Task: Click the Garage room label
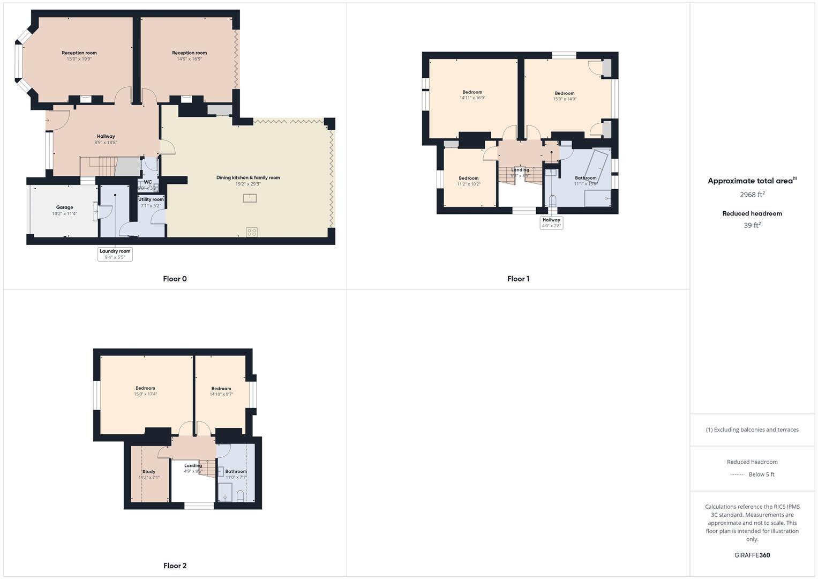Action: point(64,207)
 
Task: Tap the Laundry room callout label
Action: point(115,254)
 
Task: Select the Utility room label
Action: point(151,199)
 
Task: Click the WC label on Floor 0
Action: point(148,182)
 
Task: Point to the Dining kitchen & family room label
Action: point(248,177)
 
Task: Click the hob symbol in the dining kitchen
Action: point(251,232)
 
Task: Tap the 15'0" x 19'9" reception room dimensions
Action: point(79,59)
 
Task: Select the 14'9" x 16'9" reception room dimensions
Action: point(190,59)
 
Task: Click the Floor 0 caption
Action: point(175,279)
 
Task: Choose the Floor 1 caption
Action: point(518,279)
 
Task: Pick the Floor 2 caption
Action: point(175,566)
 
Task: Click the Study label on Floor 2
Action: point(149,472)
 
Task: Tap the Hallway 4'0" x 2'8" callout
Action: point(551,222)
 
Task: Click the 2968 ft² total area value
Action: point(752,195)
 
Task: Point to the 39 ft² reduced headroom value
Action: point(752,226)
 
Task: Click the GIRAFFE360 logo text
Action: point(752,555)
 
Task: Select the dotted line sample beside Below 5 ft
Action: point(737,474)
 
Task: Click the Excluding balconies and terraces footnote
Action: point(752,429)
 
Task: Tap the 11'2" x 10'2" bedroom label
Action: point(469,181)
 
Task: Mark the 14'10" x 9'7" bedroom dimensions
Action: point(221,395)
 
